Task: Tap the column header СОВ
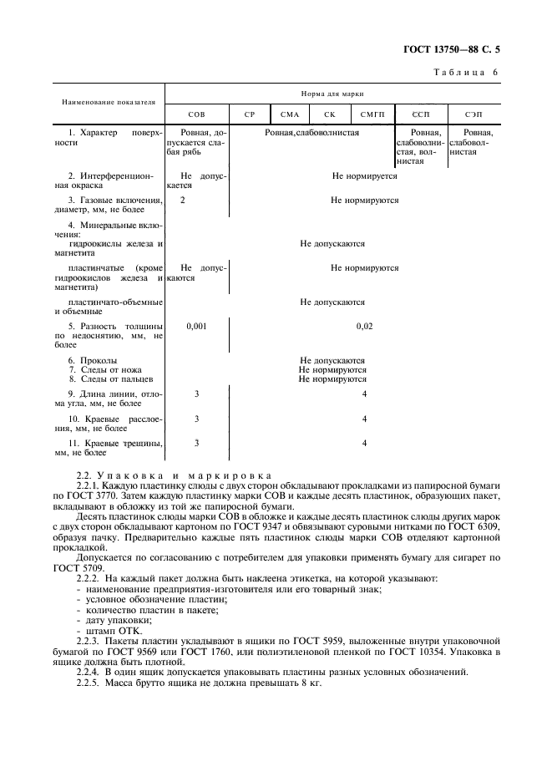tap(196, 114)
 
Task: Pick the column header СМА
tap(290, 114)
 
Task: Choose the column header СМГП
tap(372, 114)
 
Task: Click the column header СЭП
tap(484, 114)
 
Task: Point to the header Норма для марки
tap(338, 95)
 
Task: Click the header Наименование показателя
tap(109, 102)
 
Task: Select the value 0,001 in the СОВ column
tap(196, 325)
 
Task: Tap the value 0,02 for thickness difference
tap(364, 325)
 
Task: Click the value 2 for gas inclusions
tap(182, 201)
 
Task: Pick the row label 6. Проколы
tap(93, 361)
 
